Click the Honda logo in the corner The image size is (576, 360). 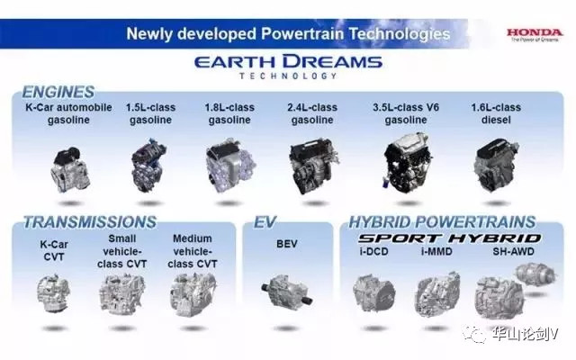535,35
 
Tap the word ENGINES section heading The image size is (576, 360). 58,92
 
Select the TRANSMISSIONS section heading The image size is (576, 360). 90,222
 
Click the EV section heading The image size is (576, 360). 265,222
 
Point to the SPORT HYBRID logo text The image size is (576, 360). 450,238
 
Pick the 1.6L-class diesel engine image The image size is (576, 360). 496,165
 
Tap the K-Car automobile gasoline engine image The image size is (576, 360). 70,169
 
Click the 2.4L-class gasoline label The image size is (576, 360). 312,113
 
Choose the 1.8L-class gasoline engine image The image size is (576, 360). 230,166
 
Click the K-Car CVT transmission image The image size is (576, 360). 54,293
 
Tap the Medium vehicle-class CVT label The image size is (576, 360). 193,251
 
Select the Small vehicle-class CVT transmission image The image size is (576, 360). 122,294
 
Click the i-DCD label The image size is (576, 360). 374,252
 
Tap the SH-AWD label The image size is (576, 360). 513,252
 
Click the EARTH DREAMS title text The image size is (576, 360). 288,62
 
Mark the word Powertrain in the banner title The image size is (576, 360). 302,34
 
